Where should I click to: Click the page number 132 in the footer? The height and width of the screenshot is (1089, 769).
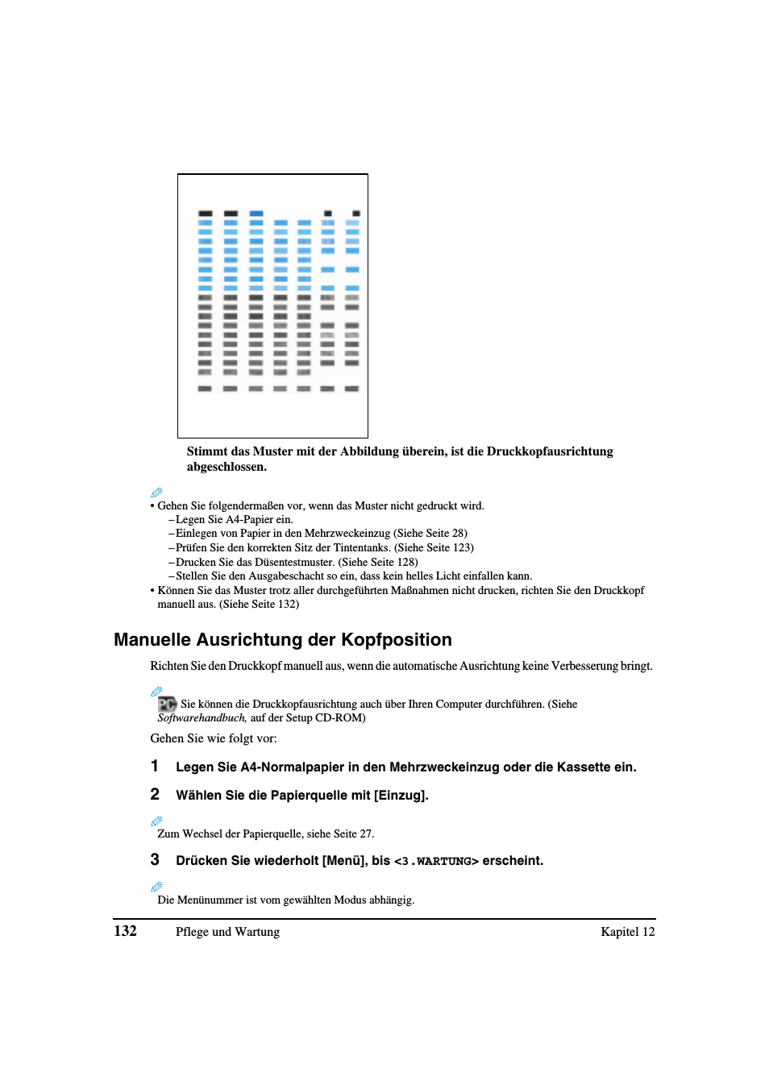pos(125,931)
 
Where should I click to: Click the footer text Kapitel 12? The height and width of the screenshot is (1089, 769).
pos(627,932)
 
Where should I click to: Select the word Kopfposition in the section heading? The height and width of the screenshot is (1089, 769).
pos(396,640)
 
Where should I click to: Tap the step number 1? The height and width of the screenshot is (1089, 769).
pos(155,766)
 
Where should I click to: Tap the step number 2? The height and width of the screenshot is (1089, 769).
pos(155,794)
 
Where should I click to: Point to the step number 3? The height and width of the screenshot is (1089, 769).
pos(155,859)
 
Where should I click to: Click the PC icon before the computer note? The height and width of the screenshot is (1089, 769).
pos(167,704)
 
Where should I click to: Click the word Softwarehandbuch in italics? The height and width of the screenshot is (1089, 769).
pos(202,717)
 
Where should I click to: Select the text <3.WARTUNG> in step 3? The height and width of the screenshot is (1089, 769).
pos(436,861)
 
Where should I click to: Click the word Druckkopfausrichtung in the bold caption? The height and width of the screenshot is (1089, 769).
pos(550,451)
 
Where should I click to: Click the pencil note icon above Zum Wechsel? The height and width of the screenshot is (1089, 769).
pos(156,821)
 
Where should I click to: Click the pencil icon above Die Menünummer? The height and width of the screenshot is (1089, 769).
pos(156,887)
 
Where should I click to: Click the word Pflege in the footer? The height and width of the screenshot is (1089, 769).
pos(192,932)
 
